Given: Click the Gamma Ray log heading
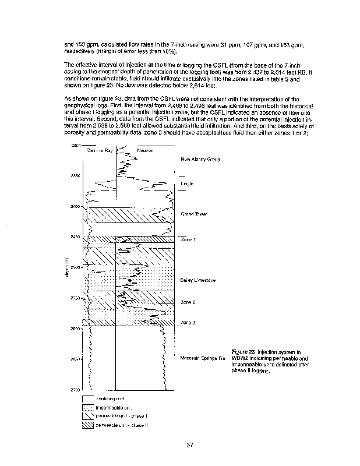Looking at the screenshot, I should click(98, 150).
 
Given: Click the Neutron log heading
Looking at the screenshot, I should click(145, 150).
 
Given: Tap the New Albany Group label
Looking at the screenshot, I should click(200, 159).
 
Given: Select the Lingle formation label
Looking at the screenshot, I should click(187, 183).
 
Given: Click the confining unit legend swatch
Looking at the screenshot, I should click(87, 399).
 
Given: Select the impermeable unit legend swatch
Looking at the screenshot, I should click(87, 408).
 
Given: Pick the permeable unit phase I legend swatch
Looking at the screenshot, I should click(87, 418).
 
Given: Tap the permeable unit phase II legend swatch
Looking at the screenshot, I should click(87, 427).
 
